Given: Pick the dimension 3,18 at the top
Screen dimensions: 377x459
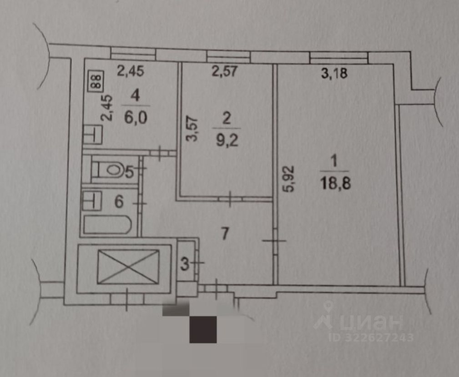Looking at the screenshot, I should click(334, 74).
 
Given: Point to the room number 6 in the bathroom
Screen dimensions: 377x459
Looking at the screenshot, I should click(118, 201).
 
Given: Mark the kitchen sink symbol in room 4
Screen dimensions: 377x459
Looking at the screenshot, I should click(93, 134).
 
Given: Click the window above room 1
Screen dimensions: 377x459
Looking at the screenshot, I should click(338, 57).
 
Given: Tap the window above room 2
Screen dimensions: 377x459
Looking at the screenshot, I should click(228, 55).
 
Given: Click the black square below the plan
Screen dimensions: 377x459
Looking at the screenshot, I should click(203, 329).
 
